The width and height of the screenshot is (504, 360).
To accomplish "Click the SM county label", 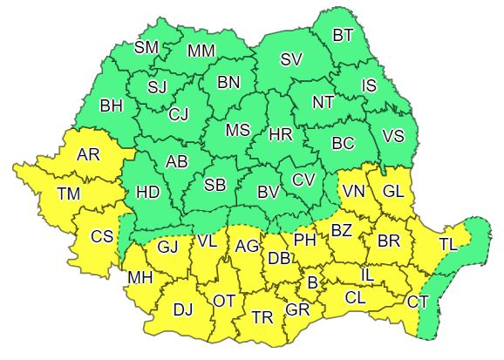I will pyautogui.click(x=146, y=48).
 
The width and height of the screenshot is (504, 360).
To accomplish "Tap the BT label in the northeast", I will pyautogui.click(x=344, y=36).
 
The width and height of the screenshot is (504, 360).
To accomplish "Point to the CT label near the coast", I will pyautogui.click(x=418, y=302).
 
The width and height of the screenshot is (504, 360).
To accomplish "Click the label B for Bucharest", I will pyautogui.click(x=312, y=282).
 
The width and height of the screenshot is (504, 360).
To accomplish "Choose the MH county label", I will pyautogui.click(x=140, y=279).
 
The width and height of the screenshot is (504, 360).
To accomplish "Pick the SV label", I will pyautogui.click(x=291, y=59).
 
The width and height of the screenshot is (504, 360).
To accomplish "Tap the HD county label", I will pyautogui.click(x=148, y=193).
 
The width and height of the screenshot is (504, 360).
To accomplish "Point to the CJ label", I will pyautogui.click(x=178, y=113).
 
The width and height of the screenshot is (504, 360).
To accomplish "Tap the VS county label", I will pyautogui.click(x=393, y=136).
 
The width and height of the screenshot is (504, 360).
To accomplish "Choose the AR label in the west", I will pyautogui.click(x=89, y=154).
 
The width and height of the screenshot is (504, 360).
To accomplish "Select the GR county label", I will pyautogui.click(x=298, y=309).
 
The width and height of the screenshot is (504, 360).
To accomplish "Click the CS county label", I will pyautogui.click(x=102, y=235).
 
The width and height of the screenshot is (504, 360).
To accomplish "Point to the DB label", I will pyautogui.click(x=279, y=259).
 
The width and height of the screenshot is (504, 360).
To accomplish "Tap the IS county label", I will pyautogui.click(x=369, y=85).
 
